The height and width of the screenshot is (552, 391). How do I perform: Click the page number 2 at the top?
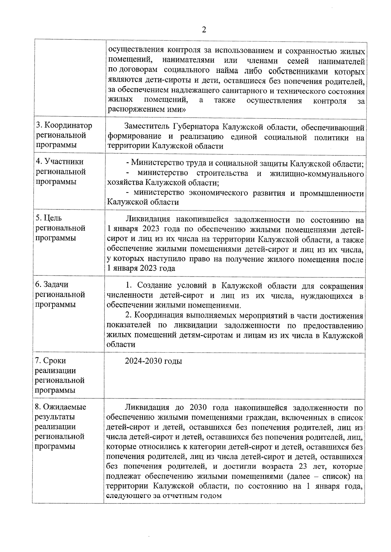pos(204,30)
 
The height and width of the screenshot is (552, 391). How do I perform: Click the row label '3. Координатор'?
pos(64,126)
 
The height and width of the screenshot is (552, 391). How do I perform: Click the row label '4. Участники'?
pos(60,162)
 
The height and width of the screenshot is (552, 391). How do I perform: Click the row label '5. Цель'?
pos(49,218)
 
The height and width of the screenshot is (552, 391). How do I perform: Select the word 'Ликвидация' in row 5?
pos(146,219)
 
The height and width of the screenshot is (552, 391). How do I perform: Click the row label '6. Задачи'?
pos(52,285)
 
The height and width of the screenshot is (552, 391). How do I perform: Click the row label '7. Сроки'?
pos(51,361)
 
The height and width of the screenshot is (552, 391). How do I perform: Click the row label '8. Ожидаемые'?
pos(61,407)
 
